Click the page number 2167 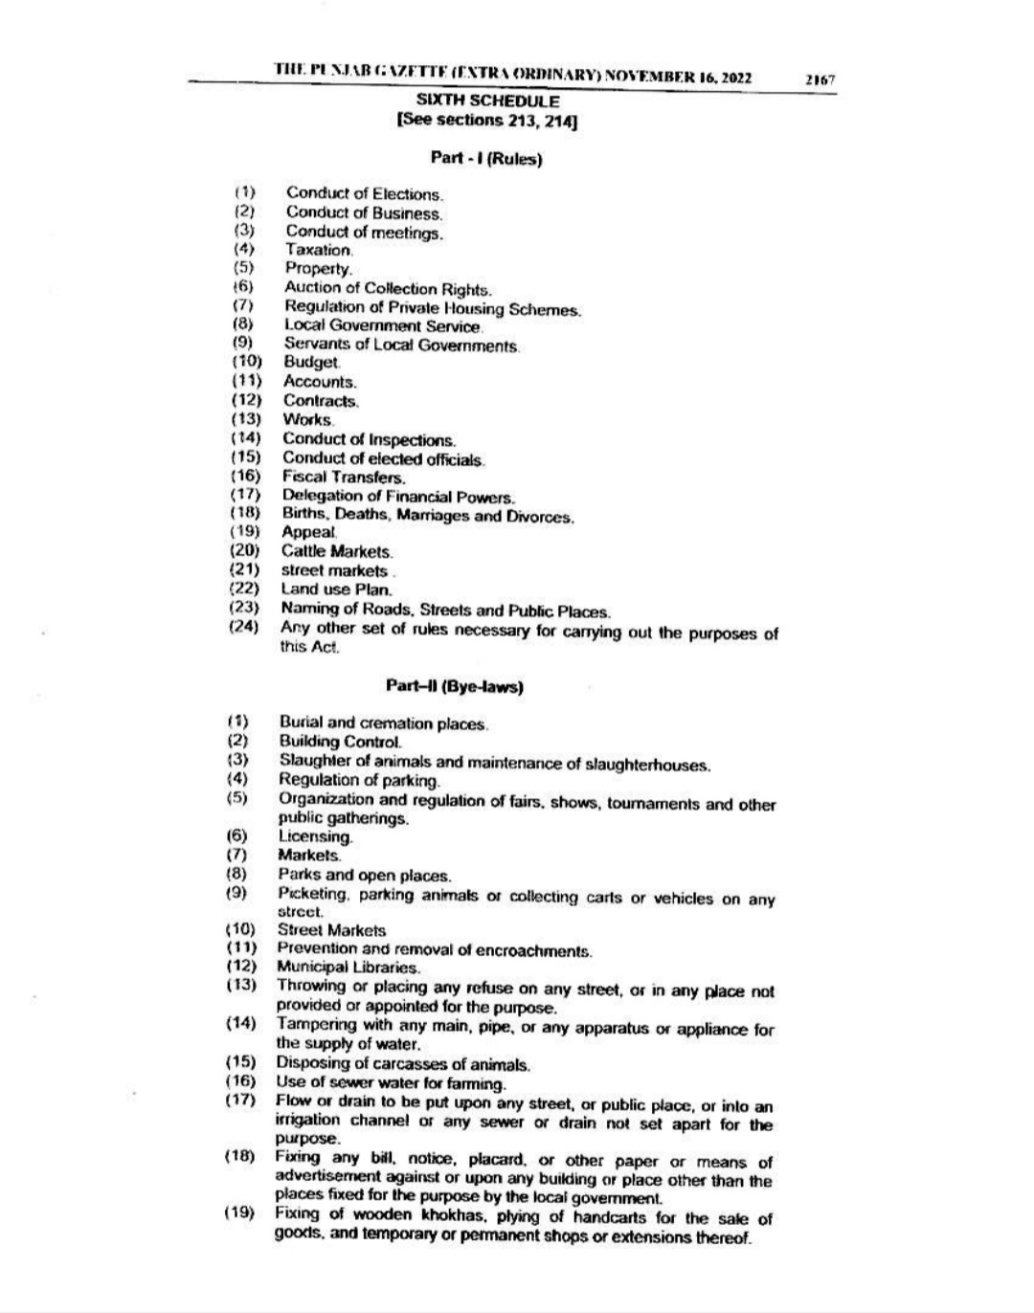[820, 81]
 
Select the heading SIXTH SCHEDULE [488, 100]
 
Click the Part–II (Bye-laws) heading [455, 686]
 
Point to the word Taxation [319, 250]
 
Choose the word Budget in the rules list [311, 362]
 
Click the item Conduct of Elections [365, 194]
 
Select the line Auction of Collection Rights [388, 288]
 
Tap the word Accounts [319, 381]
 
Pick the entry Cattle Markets [337, 552]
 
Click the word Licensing [315, 836]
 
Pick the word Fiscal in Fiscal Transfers [301, 477]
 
